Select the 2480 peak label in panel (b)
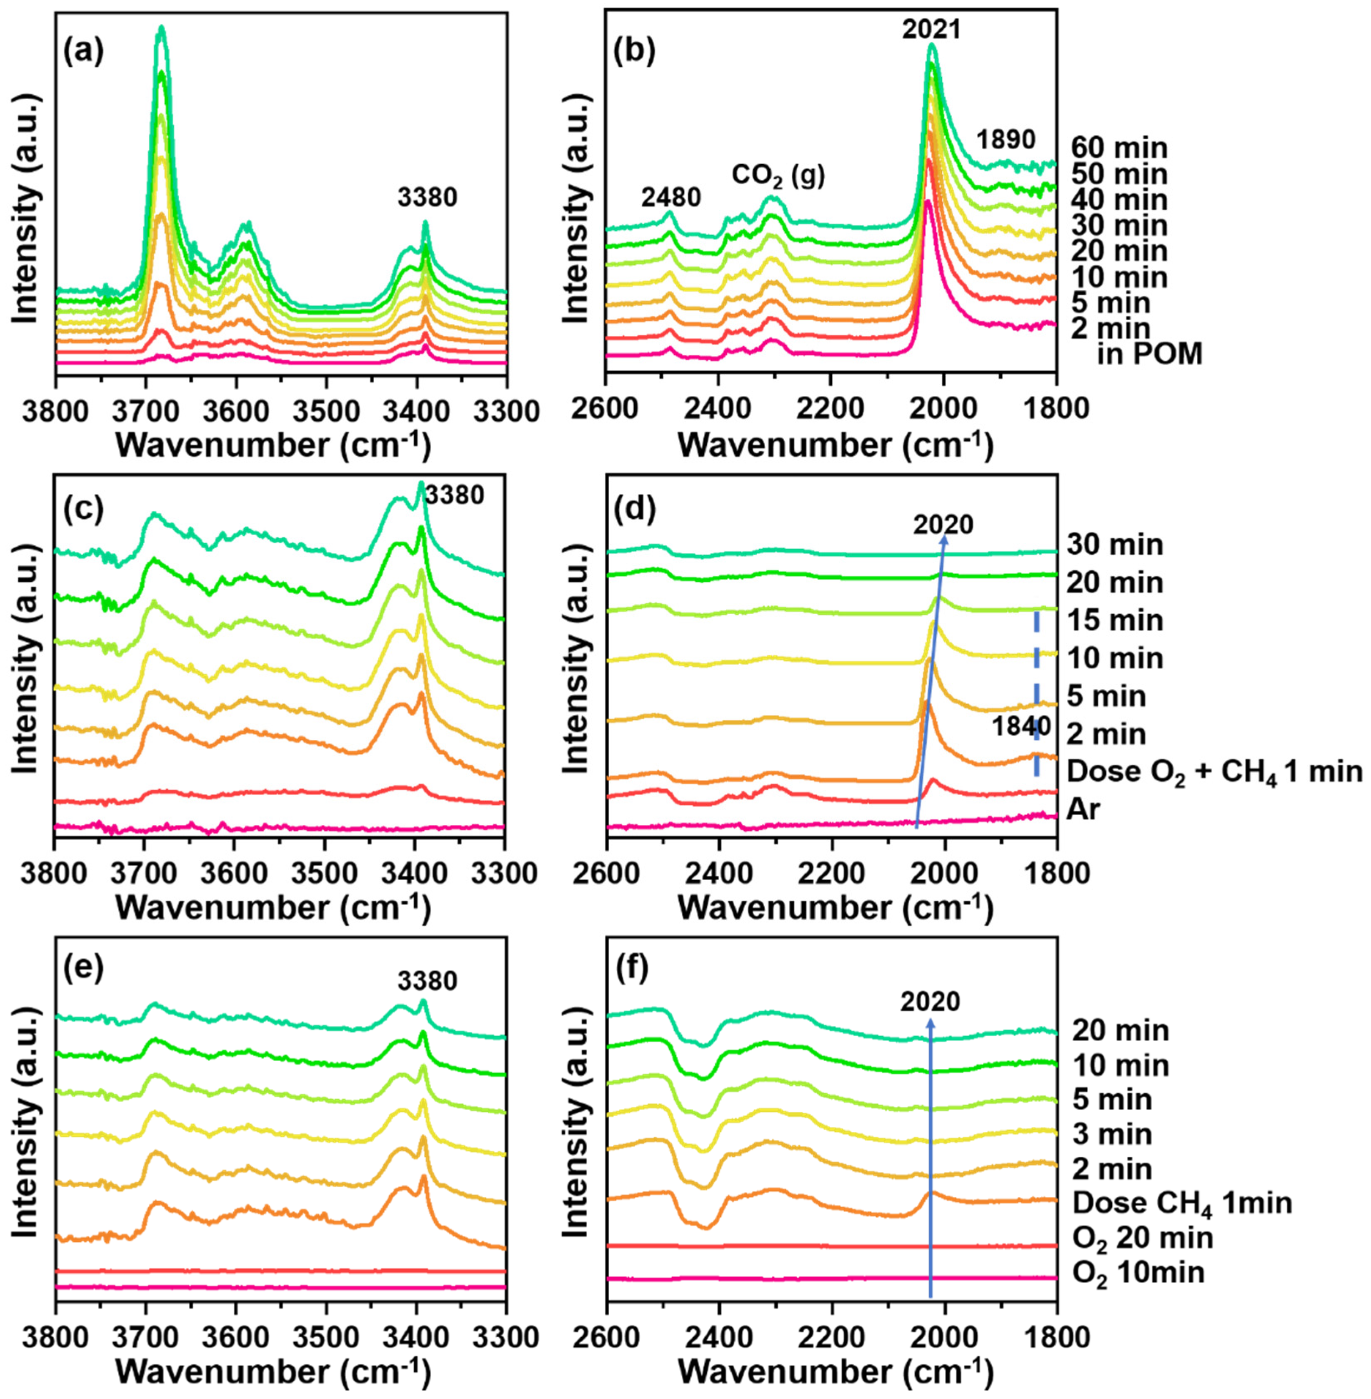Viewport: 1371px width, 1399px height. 671,197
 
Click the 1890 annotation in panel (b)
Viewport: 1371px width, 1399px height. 1006,139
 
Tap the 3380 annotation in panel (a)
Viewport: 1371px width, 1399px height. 427,197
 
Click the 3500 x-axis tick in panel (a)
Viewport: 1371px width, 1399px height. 325,411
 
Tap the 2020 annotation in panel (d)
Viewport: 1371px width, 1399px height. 943,525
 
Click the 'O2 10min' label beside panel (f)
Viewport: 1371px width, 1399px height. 1138,1273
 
